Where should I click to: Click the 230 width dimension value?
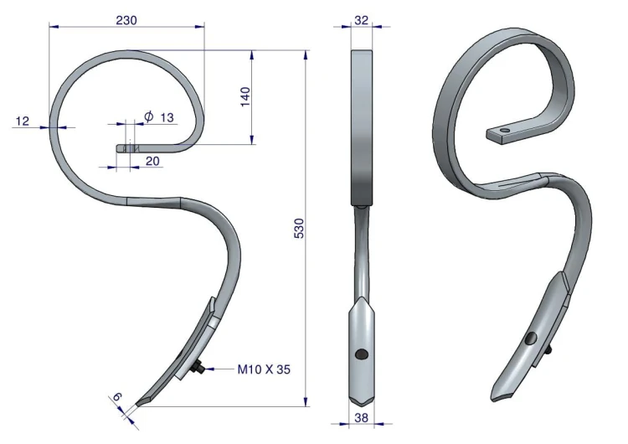(x=126, y=20)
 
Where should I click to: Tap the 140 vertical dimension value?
(x=245, y=96)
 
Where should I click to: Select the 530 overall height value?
(x=299, y=229)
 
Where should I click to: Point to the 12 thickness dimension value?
(x=23, y=121)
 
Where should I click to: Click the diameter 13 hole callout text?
(x=159, y=117)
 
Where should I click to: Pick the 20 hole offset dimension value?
(x=152, y=161)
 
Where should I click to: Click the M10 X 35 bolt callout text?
(x=264, y=369)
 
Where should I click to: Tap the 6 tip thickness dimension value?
(x=116, y=397)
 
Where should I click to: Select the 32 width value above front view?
(x=361, y=20)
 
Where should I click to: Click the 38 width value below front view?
(x=361, y=418)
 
